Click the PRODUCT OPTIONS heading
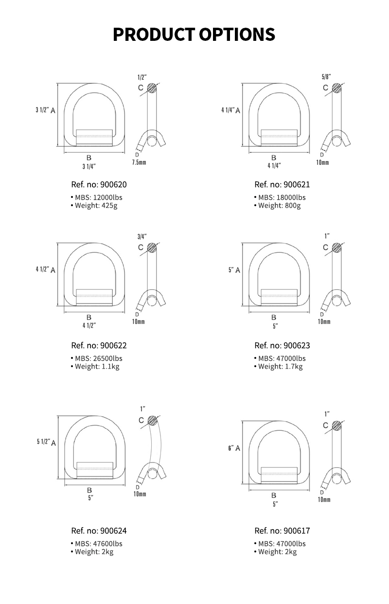tap(194, 34)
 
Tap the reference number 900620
tap(99, 184)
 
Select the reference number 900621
tap(282, 184)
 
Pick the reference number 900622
tap(99, 345)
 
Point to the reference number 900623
tap(282, 345)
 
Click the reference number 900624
tap(99, 531)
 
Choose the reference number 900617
tap(282, 531)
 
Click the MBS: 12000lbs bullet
tap(96, 197)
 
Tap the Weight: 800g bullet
tap(277, 206)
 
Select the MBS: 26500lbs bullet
tap(96, 358)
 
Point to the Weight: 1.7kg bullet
tap(278, 367)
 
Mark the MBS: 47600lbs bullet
tap(96, 544)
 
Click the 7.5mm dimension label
tap(139, 162)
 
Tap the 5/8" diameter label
tap(326, 77)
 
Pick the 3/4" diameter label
tap(142, 237)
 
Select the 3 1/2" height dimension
tap(42, 110)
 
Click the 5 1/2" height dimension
tap(44, 442)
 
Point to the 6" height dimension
tap(231, 448)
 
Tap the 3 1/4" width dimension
tap(89, 167)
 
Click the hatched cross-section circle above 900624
tap(153, 421)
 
